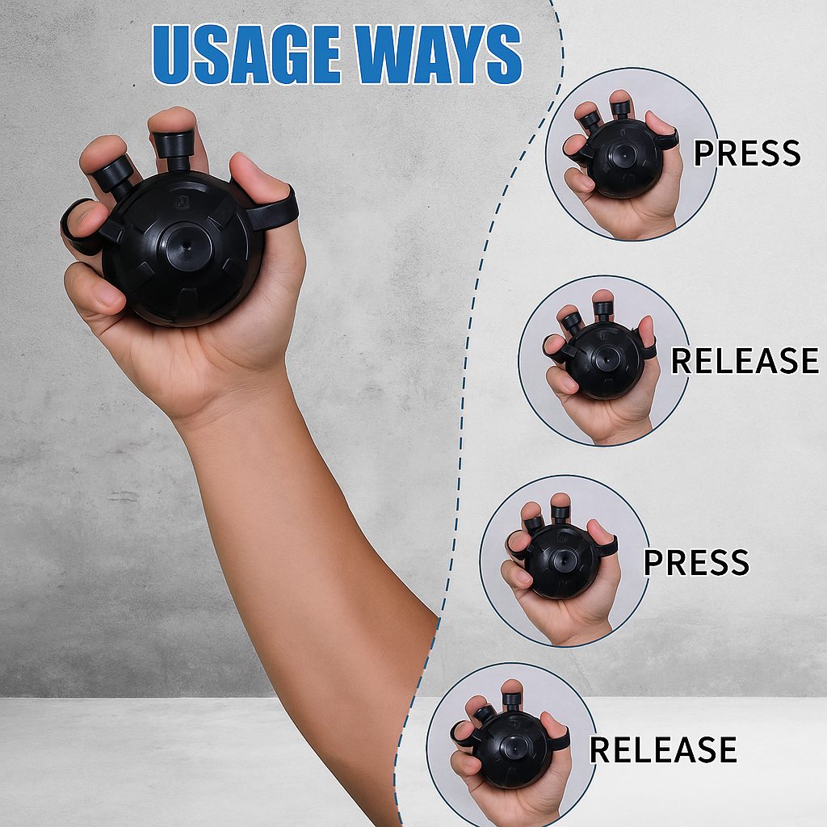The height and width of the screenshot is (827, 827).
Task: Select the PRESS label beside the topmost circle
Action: pos(747,153)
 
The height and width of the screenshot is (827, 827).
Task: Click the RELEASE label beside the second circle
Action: pos(745,361)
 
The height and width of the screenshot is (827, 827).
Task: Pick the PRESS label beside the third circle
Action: pos(696,562)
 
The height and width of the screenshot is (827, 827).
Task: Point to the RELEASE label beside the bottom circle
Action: pos(663,749)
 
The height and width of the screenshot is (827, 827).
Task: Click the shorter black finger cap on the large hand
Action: pos(115,178)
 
